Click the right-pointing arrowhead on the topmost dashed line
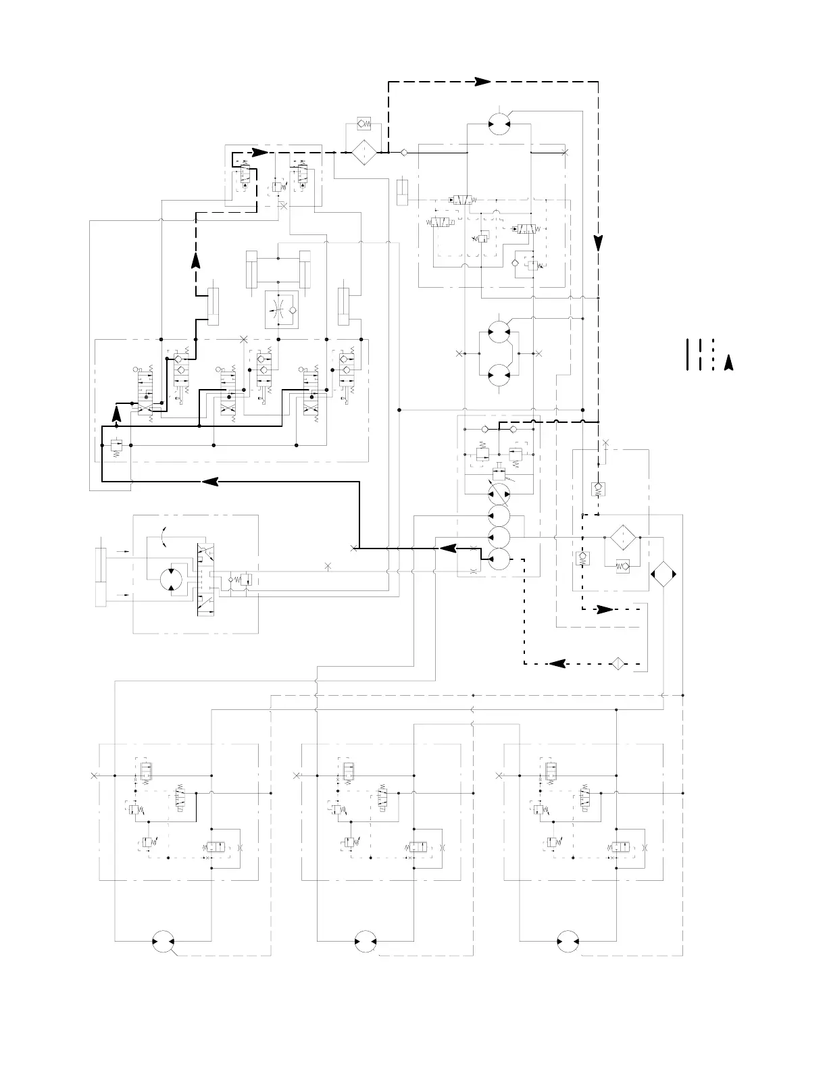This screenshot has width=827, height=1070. [481, 81]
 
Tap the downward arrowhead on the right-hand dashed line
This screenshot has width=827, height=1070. [598, 241]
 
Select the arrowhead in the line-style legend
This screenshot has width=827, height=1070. [728, 363]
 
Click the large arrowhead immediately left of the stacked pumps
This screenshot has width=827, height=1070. [447, 548]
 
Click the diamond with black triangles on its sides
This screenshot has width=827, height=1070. [663, 574]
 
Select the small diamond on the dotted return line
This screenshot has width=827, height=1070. [617, 663]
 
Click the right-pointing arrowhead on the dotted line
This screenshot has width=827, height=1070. [603, 609]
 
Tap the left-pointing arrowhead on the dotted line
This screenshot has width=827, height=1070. [557, 663]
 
